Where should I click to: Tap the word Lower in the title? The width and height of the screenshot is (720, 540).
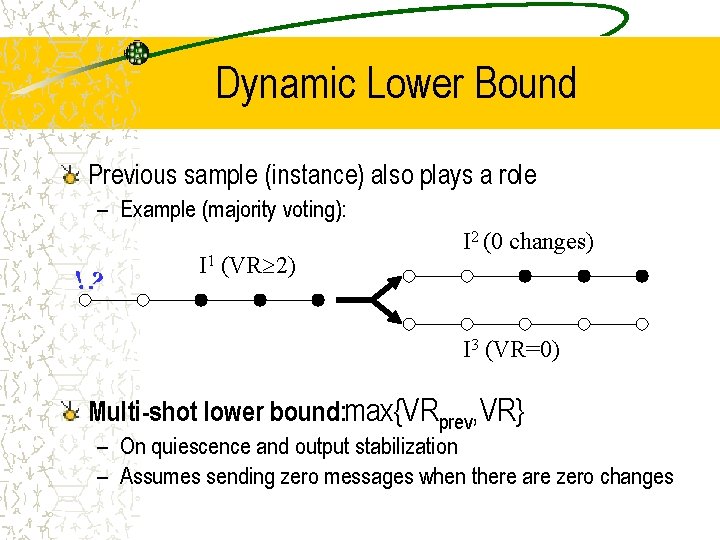coord(402,84)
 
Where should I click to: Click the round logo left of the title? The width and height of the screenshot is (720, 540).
coord(137,53)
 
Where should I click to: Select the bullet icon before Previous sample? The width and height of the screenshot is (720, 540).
coord(70,176)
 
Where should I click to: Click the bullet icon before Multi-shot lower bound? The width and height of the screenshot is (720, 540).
coord(70,411)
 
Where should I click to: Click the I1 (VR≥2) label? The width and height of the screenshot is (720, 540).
coord(246,266)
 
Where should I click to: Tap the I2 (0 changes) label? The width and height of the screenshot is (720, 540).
coord(527,242)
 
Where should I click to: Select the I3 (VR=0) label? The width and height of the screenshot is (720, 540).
coord(510,350)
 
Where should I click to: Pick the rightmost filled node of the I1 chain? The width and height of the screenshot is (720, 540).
coord(318,299)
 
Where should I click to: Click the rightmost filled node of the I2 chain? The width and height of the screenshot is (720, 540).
coord(643,275)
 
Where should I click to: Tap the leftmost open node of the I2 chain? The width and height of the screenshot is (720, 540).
coord(407,275)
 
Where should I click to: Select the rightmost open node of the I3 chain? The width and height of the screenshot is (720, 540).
coord(643,323)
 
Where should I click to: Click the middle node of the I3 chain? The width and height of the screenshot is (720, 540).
coord(525,323)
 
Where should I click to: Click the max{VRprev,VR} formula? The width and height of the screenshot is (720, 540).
coord(434,410)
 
